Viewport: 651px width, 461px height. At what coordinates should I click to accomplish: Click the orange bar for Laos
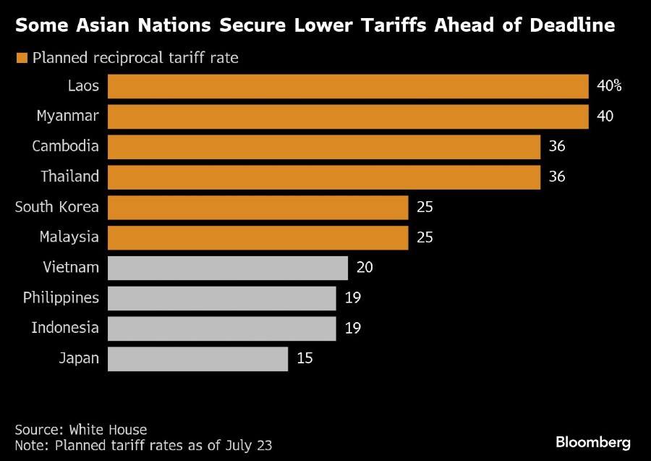[348, 86]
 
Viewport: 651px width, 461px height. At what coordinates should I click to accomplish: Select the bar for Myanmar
[348, 116]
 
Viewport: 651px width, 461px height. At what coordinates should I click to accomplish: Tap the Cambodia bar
[324, 146]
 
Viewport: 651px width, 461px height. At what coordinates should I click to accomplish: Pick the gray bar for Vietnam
[228, 267]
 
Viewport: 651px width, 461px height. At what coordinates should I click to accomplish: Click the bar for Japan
[197, 358]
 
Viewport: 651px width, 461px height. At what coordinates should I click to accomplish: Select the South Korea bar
[258, 207]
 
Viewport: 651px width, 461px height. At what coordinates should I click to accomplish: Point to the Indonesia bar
[222, 327]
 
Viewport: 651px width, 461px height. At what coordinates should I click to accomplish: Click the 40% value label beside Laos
[609, 86]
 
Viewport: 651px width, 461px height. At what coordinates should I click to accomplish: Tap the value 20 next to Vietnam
[365, 267]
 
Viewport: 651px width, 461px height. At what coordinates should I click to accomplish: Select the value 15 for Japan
[305, 358]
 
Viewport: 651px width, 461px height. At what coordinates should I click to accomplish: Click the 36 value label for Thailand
[556, 177]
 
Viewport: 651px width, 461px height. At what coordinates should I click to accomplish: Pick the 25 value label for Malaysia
[425, 237]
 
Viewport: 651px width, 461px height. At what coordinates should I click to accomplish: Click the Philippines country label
[61, 297]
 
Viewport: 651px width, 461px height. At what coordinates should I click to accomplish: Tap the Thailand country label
[70, 177]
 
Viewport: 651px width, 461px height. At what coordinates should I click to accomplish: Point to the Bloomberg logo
[593, 441]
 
